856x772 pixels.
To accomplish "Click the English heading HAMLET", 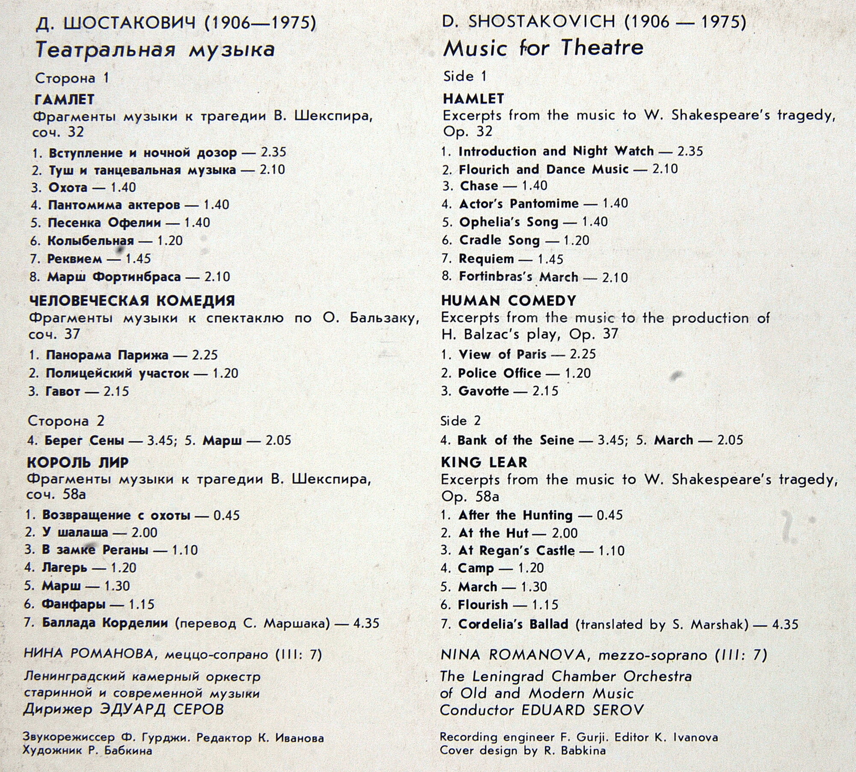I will coord(473,99).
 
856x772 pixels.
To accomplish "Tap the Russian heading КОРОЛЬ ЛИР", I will coord(77,462).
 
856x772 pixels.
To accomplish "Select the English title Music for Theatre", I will coord(543,48).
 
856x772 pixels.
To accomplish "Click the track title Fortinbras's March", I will coord(518,277).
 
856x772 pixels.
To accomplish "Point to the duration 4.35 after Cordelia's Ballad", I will coord(785,624).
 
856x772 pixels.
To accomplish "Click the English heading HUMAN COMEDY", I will coord(508,301).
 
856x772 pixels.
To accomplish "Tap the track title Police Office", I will coord(499,373).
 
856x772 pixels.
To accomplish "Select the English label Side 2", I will coord(460,421).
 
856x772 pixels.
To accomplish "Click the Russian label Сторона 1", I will coord(72,78).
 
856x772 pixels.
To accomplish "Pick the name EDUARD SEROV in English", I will coord(583,710).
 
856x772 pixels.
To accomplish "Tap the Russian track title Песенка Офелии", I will coord(104,223).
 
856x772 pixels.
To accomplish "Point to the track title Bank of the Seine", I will coord(515,440).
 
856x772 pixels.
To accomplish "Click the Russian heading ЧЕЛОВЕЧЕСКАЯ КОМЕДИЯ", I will coord(132,301).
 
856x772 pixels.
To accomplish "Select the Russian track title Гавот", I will coord(62,391).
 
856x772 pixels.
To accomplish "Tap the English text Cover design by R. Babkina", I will coord(523,751).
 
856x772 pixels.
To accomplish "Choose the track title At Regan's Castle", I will coord(516,551).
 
